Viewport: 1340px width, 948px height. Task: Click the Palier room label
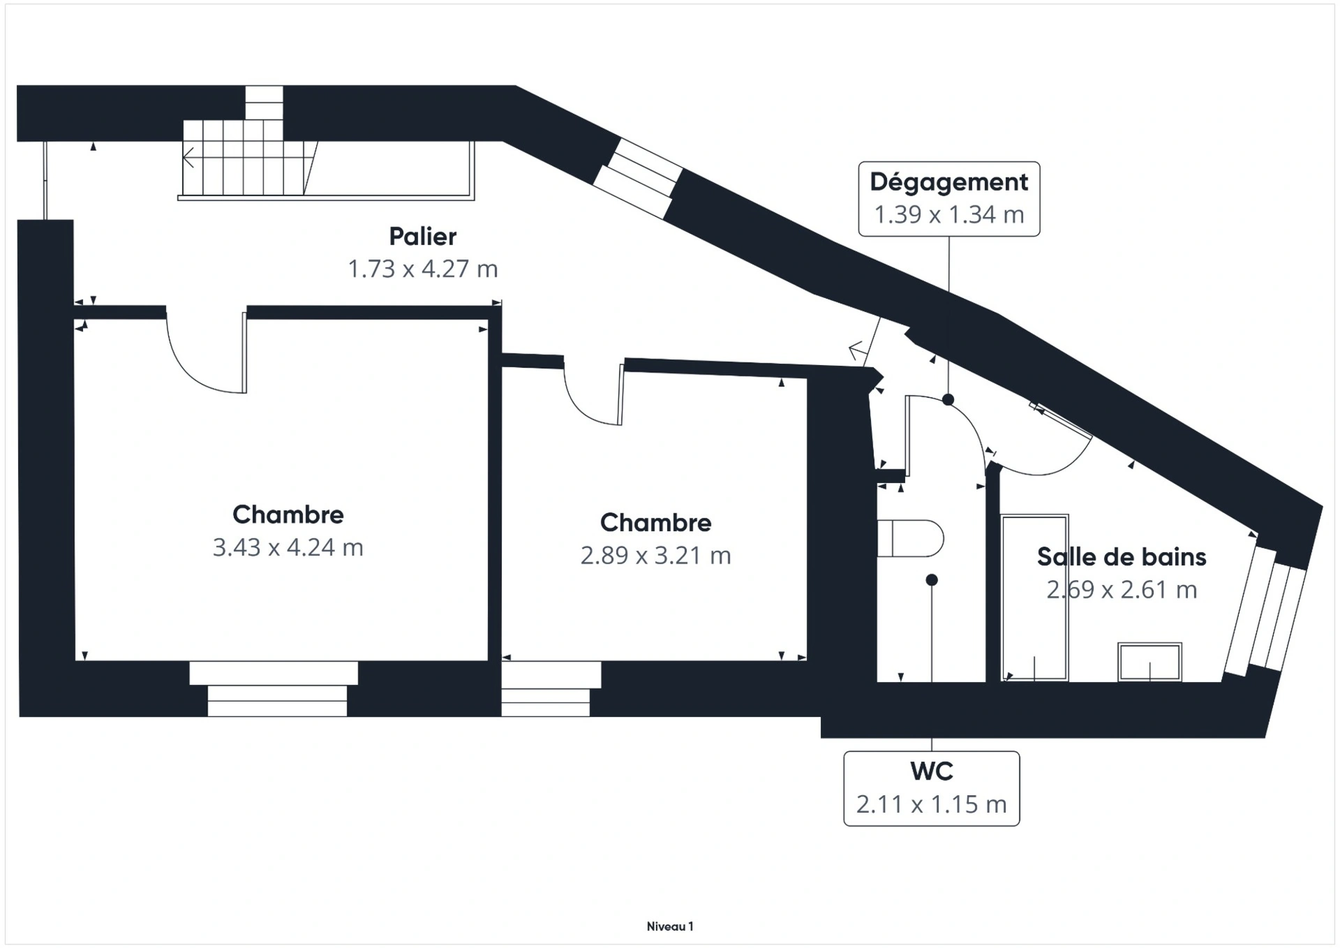[x=422, y=237]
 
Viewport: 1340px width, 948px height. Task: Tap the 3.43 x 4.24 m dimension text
[x=288, y=547]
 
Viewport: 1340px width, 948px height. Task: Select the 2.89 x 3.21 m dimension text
[x=656, y=556]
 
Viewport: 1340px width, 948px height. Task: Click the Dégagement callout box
[x=949, y=199]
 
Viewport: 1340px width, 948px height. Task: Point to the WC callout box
[x=932, y=789]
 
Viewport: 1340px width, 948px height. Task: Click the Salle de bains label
[x=1122, y=557]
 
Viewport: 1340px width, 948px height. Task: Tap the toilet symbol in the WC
[x=910, y=538]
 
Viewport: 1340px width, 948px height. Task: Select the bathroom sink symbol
[x=1149, y=662]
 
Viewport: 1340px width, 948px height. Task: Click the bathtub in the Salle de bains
[x=1034, y=598]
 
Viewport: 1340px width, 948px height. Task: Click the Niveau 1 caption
[x=670, y=927]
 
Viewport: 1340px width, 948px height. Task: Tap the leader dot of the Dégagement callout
[x=948, y=400]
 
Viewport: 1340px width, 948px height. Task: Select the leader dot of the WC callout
[x=932, y=580]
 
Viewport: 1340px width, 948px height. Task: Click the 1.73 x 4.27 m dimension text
[x=422, y=269]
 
